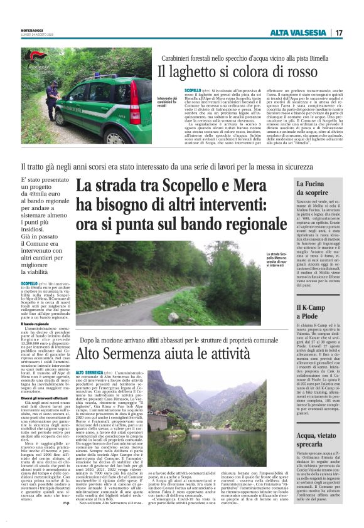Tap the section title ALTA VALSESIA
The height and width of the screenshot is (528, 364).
(299, 33)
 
